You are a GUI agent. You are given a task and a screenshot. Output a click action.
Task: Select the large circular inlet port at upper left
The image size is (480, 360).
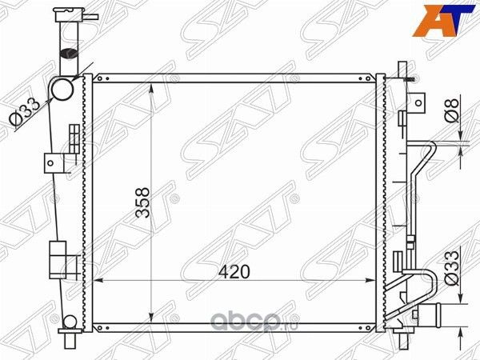pyautogui.click(x=63, y=90)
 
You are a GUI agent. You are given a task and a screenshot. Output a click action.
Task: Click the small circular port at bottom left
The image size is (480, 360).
pyautogui.click(x=70, y=322)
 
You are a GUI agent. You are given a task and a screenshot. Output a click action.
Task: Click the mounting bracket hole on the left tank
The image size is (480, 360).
pyautogui.click(x=51, y=162)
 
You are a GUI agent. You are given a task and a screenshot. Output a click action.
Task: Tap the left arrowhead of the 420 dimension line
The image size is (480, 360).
pyautogui.click(x=99, y=281)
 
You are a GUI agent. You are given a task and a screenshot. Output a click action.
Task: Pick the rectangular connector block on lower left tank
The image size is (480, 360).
pyautogui.click(x=58, y=258)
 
